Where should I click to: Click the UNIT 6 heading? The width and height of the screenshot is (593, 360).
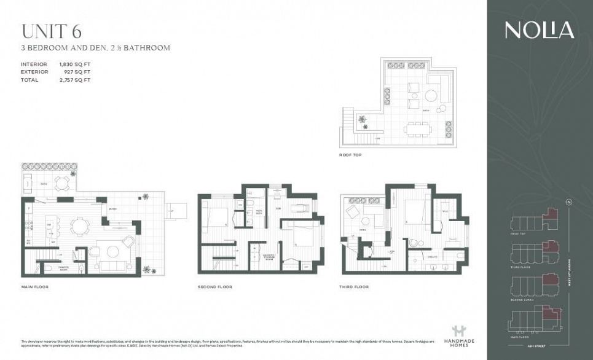click(52, 31)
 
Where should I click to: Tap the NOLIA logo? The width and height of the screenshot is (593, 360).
click(540, 30)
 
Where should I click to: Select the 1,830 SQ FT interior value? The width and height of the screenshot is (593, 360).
click(75, 65)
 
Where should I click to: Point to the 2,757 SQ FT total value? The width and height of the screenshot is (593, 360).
click(75, 80)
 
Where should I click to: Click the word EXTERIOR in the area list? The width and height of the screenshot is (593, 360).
click(34, 72)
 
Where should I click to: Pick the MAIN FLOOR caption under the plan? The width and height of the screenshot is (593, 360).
click(34, 287)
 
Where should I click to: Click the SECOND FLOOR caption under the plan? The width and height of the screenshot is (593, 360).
click(214, 287)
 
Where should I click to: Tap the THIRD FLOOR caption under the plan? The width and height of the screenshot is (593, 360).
click(354, 287)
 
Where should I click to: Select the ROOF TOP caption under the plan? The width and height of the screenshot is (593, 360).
click(350, 155)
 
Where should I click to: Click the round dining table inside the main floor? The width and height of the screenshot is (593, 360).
click(80, 227)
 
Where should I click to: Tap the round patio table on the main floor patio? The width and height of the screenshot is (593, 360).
click(61, 182)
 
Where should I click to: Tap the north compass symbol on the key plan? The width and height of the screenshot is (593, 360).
click(569, 203)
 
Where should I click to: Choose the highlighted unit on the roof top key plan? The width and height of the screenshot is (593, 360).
click(550, 215)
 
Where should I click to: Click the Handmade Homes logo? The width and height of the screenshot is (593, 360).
click(455, 335)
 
